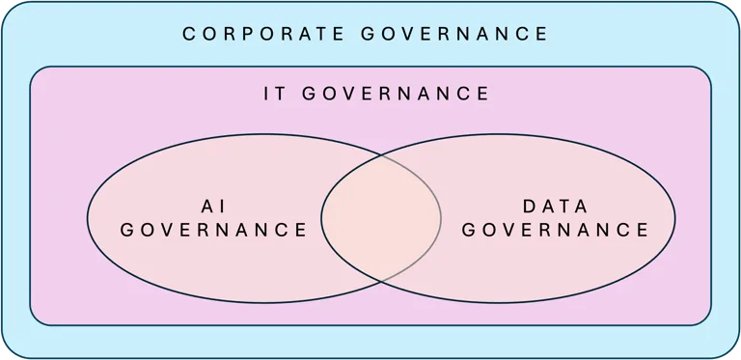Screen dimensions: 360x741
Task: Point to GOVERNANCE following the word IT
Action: (396, 94)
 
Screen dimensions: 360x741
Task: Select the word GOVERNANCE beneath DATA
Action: (554, 231)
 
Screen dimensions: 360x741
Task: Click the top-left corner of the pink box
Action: (34, 70)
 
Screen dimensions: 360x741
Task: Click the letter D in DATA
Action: (528, 205)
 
